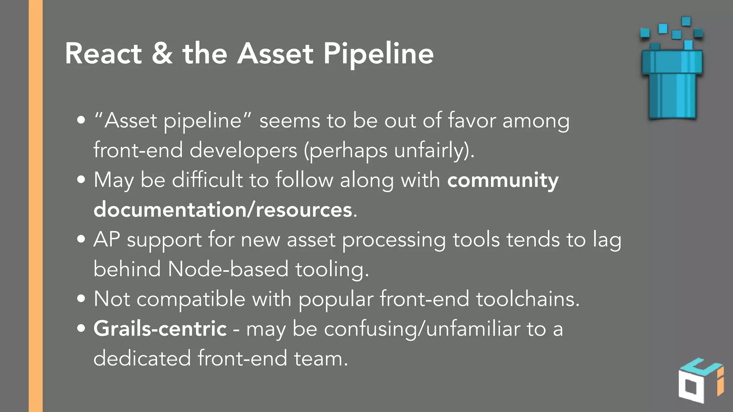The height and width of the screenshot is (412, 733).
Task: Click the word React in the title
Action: point(103,54)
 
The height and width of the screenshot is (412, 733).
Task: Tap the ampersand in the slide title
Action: point(162,54)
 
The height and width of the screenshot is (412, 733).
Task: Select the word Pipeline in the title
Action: point(378,54)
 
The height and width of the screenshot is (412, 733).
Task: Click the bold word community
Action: point(503,180)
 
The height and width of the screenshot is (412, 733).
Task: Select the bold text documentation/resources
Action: point(223,210)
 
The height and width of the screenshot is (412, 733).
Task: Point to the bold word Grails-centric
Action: point(160,328)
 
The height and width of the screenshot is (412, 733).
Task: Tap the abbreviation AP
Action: point(106,239)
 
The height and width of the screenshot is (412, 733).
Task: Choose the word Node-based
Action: point(228,269)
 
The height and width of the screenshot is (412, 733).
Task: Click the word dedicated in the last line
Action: point(142,358)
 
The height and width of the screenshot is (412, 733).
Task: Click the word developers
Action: point(243,150)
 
